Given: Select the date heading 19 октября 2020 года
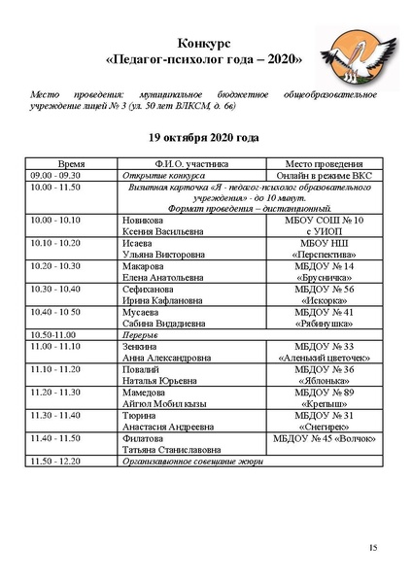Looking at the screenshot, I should (x=205, y=138).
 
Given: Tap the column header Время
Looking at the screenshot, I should (x=72, y=165).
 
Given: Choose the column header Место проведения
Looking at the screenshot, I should (x=324, y=165).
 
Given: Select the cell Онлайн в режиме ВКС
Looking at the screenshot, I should (x=324, y=176).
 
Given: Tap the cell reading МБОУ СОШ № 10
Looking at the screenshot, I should (x=324, y=221).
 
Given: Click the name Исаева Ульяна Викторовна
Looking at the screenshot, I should (x=165, y=249).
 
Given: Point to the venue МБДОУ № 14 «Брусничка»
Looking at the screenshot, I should (x=324, y=271).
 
